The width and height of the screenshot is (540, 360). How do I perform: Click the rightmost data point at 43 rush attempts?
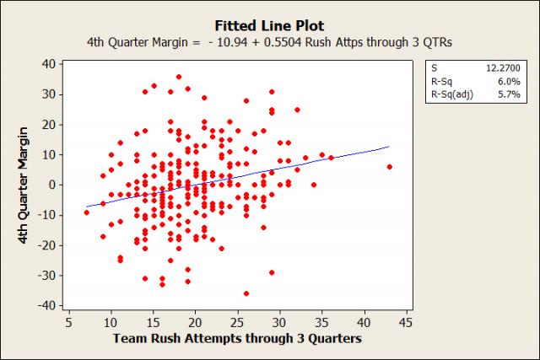[x=390, y=167]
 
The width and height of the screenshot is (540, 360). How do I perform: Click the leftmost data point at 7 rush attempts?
[x=86, y=212]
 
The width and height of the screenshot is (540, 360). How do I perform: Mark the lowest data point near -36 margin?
[x=246, y=293]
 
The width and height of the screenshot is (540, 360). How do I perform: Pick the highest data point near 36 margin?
[x=179, y=77]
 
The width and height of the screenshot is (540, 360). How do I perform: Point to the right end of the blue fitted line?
[x=389, y=147]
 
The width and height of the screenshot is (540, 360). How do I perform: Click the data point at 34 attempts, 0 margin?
[x=314, y=185]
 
